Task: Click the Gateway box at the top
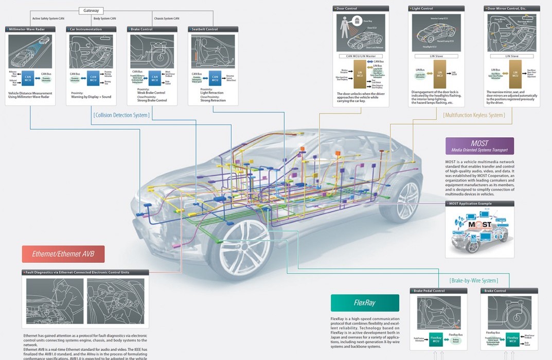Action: tap(91, 10)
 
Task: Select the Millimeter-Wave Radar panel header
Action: tap(30, 29)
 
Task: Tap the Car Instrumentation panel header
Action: tap(91, 29)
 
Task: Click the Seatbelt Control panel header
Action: tap(213, 29)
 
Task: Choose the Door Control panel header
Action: tap(361, 9)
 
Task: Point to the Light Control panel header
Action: tap(436, 9)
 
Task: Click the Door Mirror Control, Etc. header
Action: tap(512, 9)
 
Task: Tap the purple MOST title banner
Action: tap(479, 146)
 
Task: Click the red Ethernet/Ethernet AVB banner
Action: tap(63, 254)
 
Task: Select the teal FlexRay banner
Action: tap(365, 303)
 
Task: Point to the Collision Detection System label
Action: tap(121, 115)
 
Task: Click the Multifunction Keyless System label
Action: tap(474, 115)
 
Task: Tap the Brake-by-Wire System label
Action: tap(473, 281)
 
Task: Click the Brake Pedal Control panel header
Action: tap(438, 291)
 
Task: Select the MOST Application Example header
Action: tap(479, 204)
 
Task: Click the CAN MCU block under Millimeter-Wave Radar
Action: tap(28, 78)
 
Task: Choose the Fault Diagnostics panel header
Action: tap(85, 272)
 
